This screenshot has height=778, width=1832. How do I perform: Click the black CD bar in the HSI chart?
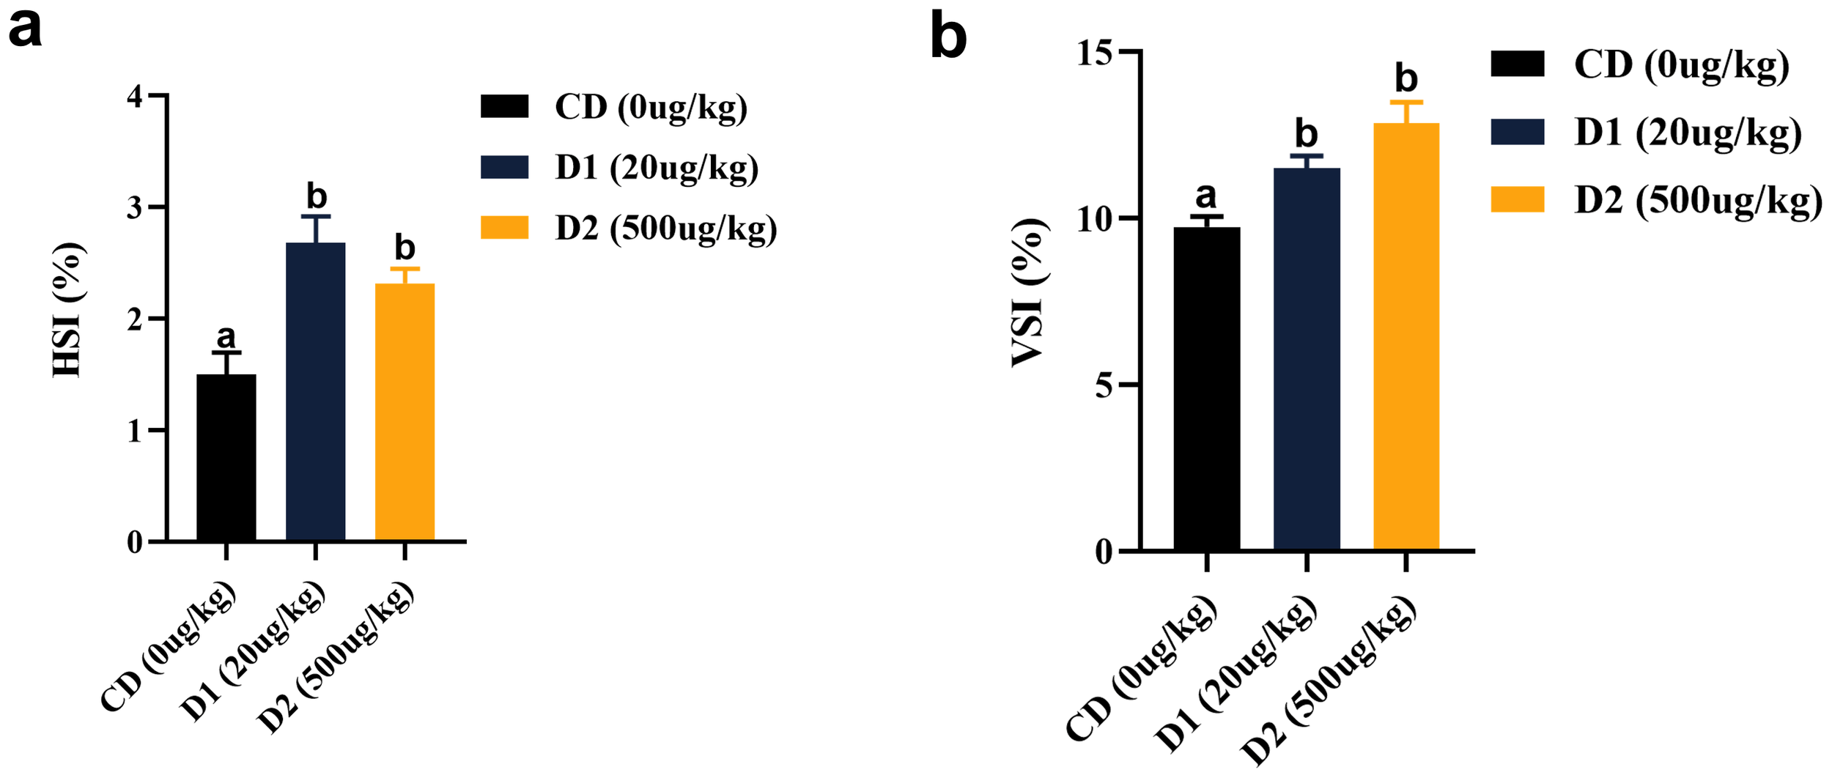point(226,457)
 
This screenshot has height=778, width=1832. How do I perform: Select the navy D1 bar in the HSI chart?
point(315,391)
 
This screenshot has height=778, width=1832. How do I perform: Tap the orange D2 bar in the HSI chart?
point(405,412)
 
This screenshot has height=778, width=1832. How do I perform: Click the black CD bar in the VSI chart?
point(1206,388)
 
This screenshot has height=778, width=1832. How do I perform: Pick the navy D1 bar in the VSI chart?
point(1307,359)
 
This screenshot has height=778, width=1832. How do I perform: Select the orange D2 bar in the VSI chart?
point(1406,336)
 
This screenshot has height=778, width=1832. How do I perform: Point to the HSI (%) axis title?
point(69,311)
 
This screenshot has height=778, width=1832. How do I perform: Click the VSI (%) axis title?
point(1030,293)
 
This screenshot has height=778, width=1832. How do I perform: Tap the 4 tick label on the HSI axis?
point(135,97)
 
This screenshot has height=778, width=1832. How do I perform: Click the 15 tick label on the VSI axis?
point(1094,53)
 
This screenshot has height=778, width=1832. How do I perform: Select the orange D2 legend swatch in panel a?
point(504,228)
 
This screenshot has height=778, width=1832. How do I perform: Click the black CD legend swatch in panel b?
point(1517,64)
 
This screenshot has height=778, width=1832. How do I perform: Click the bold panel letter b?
point(948,37)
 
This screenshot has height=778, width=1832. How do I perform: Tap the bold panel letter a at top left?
point(25,29)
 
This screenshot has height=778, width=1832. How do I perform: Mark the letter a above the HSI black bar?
point(226,336)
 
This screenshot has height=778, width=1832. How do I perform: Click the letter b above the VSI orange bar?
point(1406,78)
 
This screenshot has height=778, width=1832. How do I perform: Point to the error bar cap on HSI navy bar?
point(315,217)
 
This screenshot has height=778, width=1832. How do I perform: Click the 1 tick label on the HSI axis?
point(135,431)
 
